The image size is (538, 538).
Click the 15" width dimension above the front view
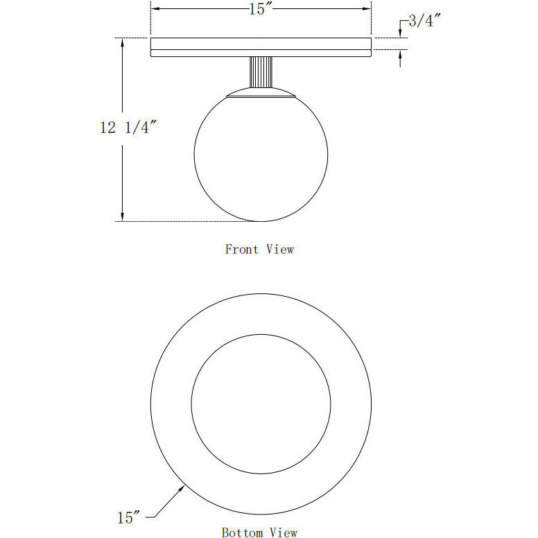(261, 10)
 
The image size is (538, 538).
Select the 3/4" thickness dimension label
(424, 21)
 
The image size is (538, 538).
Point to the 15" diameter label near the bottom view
(130, 517)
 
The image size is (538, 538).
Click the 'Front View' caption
(259, 249)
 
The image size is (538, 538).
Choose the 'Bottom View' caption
(259, 532)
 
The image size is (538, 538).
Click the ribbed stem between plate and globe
(261, 73)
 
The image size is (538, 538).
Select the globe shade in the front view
(261, 157)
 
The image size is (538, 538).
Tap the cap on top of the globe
(261, 94)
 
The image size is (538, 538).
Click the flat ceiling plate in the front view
(261, 47)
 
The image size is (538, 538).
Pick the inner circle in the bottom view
(261, 404)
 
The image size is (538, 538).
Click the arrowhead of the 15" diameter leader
(183, 488)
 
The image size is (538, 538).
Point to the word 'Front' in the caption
(241, 249)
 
